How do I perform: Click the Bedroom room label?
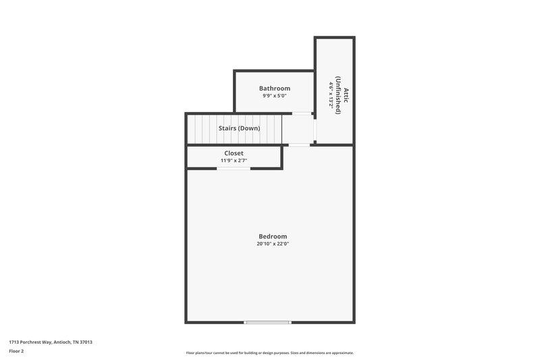coord(273,236)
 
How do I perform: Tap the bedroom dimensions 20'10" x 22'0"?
coord(273,244)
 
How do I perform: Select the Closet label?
coord(234,153)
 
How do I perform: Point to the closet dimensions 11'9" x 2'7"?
coord(234,161)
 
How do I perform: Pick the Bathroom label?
coord(275,88)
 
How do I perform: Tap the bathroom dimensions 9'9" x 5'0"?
coord(275,96)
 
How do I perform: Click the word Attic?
coord(346,94)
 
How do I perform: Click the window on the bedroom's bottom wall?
coord(267,322)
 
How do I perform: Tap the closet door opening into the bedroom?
coord(234,168)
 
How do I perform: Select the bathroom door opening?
coord(302,113)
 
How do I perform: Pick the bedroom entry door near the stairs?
coord(299,145)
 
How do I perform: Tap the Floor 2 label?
coord(16,351)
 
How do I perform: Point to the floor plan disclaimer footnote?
coord(269,353)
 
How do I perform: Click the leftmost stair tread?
coord(192,128)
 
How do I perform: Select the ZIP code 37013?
coord(86,342)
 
